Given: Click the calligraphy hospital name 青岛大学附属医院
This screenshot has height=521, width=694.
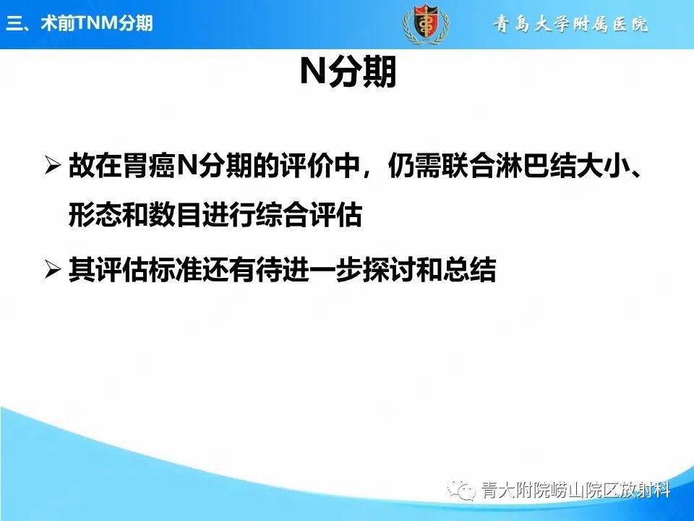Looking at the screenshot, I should [571, 24].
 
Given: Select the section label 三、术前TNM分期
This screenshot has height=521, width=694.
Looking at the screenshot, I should [80, 23].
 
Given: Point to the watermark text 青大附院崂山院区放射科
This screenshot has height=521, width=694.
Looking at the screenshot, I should [575, 491].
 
